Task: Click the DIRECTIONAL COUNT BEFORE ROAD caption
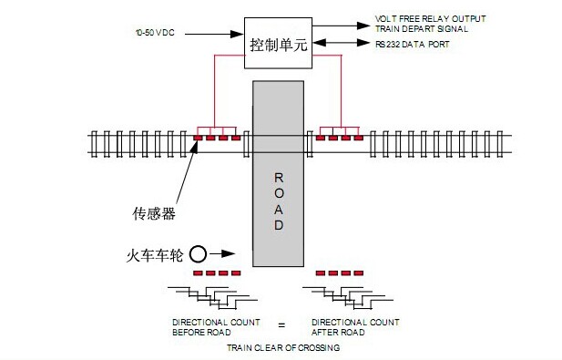pyautogui.click(x=216, y=326)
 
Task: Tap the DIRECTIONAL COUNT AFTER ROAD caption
pyautogui.click(x=355, y=326)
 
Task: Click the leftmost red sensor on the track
pyautogui.click(x=198, y=139)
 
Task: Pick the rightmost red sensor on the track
pyautogui.click(x=358, y=139)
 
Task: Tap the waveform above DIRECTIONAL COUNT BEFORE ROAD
pyautogui.click(x=217, y=299)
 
